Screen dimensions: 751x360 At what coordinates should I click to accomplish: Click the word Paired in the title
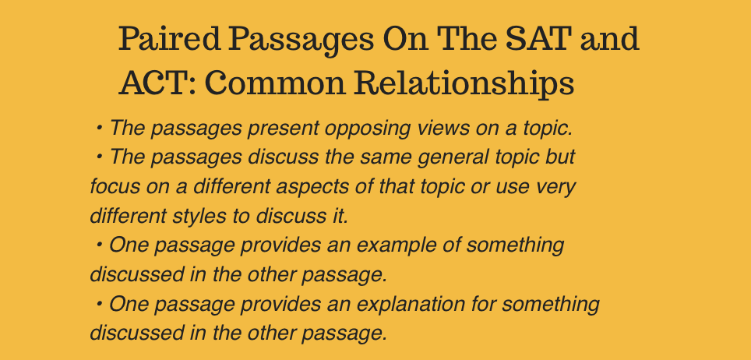[x=170, y=40]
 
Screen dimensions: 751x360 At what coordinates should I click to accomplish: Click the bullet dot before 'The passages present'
[x=99, y=128]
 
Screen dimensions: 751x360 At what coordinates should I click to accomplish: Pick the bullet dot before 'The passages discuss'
[x=99, y=157]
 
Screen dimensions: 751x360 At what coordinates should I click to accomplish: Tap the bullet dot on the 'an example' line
[x=99, y=245]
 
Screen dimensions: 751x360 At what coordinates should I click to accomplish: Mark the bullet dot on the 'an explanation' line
[x=99, y=303]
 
